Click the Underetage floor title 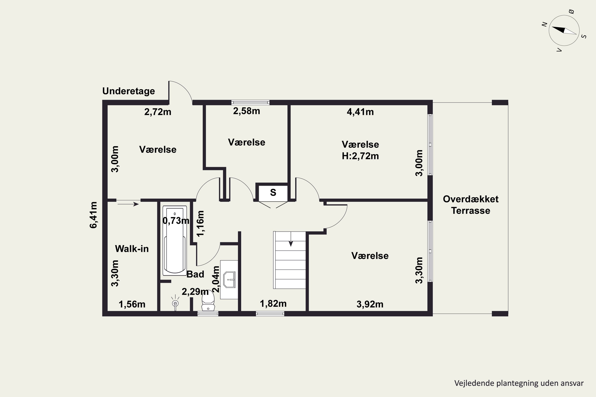tap(129, 91)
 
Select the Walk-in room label tap(132, 249)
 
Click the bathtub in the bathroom tap(175, 241)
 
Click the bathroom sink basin tap(230, 280)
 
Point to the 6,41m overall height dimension tap(94, 215)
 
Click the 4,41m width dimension tap(360, 112)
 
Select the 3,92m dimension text tap(370, 304)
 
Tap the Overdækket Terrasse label tap(471, 205)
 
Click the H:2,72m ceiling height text tap(360, 156)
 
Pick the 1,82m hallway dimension tap(273, 303)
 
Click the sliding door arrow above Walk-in tap(128, 204)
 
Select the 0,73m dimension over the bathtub tap(176, 221)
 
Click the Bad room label tap(195, 274)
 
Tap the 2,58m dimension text tap(247, 111)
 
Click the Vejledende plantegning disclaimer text tap(519, 383)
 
